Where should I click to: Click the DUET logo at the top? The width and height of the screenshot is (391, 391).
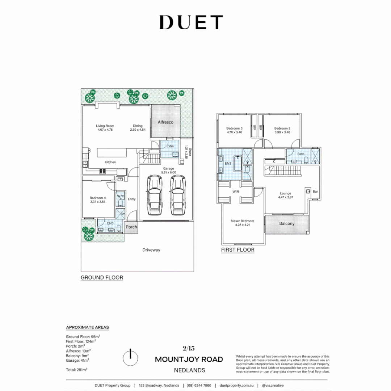pos(191,22)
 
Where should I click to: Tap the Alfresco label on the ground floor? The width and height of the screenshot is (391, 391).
pos(165,122)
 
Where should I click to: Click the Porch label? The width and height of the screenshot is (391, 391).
pos(131,227)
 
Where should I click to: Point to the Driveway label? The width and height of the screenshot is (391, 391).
pos(151,250)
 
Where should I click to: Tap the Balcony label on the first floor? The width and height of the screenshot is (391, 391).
pos(287,224)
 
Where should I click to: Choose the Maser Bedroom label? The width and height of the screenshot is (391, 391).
pos(242,221)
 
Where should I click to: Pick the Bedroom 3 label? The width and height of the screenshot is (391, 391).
pos(234,129)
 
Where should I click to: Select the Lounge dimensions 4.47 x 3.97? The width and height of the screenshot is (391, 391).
pos(285,197)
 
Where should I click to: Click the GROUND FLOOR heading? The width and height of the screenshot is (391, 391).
pos(102,278)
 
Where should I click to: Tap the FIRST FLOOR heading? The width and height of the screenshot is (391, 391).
pos(237,250)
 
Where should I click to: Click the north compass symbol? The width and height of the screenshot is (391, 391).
pos(130,358)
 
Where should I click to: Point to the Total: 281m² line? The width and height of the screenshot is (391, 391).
pos(76,370)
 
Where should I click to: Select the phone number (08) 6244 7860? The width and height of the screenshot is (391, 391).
pos(199,386)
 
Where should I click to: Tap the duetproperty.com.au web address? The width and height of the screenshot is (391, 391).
pos(237,386)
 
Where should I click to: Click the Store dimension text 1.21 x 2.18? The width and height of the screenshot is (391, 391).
pos(186,153)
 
